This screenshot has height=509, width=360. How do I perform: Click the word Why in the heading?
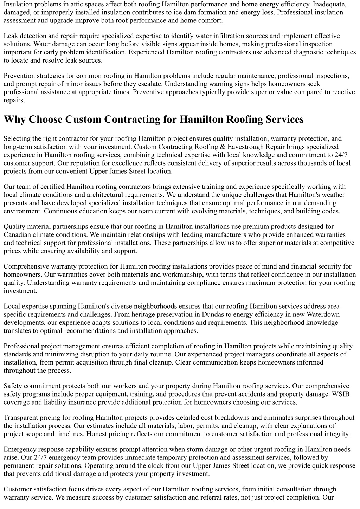(x=15, y=120)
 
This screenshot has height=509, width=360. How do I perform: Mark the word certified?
(x=53, y=187)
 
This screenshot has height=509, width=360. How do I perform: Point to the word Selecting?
(x=17, y=139)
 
